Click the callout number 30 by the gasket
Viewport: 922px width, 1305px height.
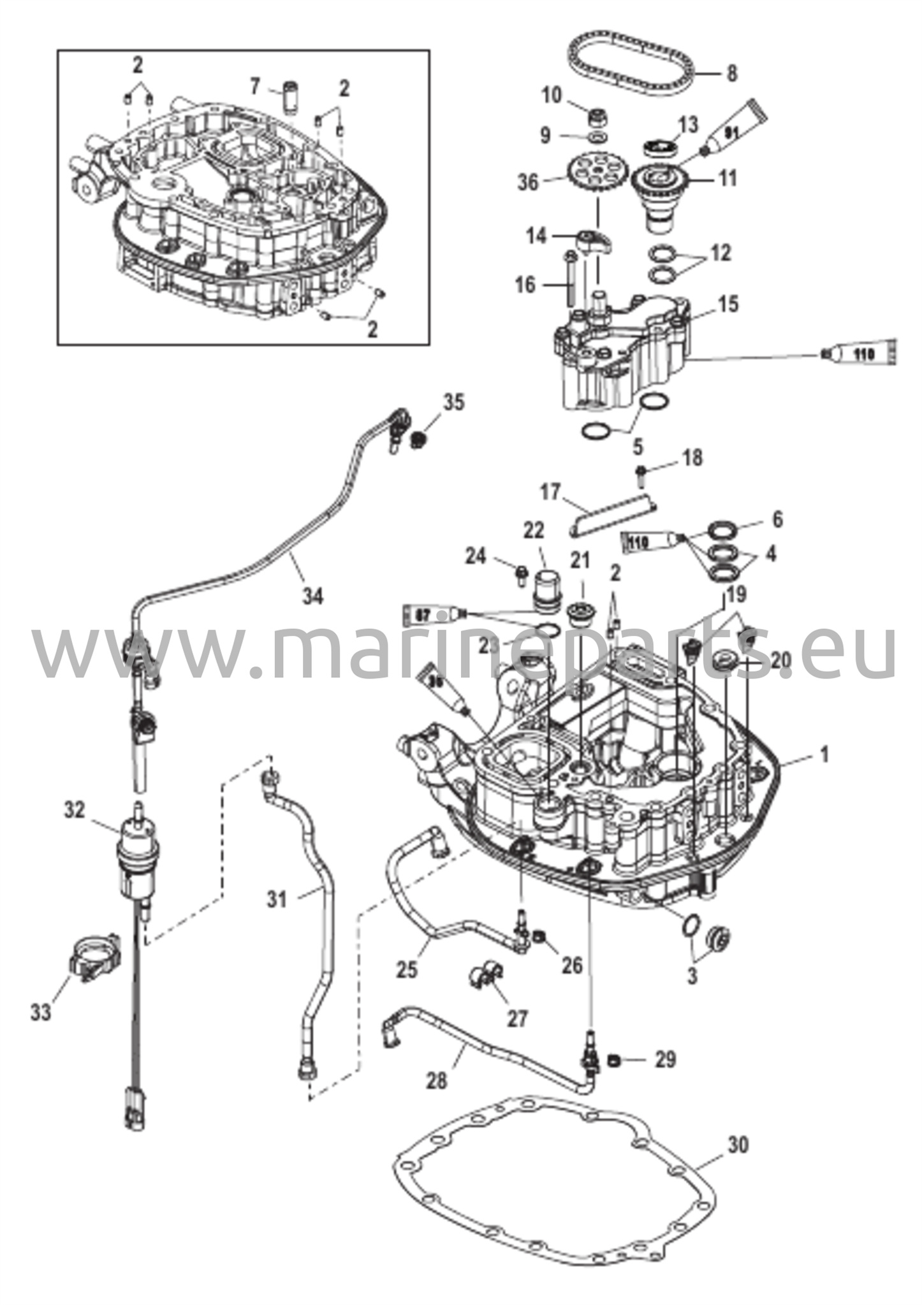tap(737, 1144)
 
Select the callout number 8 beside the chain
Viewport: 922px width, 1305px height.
tap(731, 73)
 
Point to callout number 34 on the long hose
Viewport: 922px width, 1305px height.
tap(312, 597)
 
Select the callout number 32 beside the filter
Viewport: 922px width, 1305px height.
tap(75, 810)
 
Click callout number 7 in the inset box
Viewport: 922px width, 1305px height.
tap(254, 84)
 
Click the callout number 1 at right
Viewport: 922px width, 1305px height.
tap(824, 756)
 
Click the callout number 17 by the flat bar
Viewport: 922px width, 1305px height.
tap(550, 493)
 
